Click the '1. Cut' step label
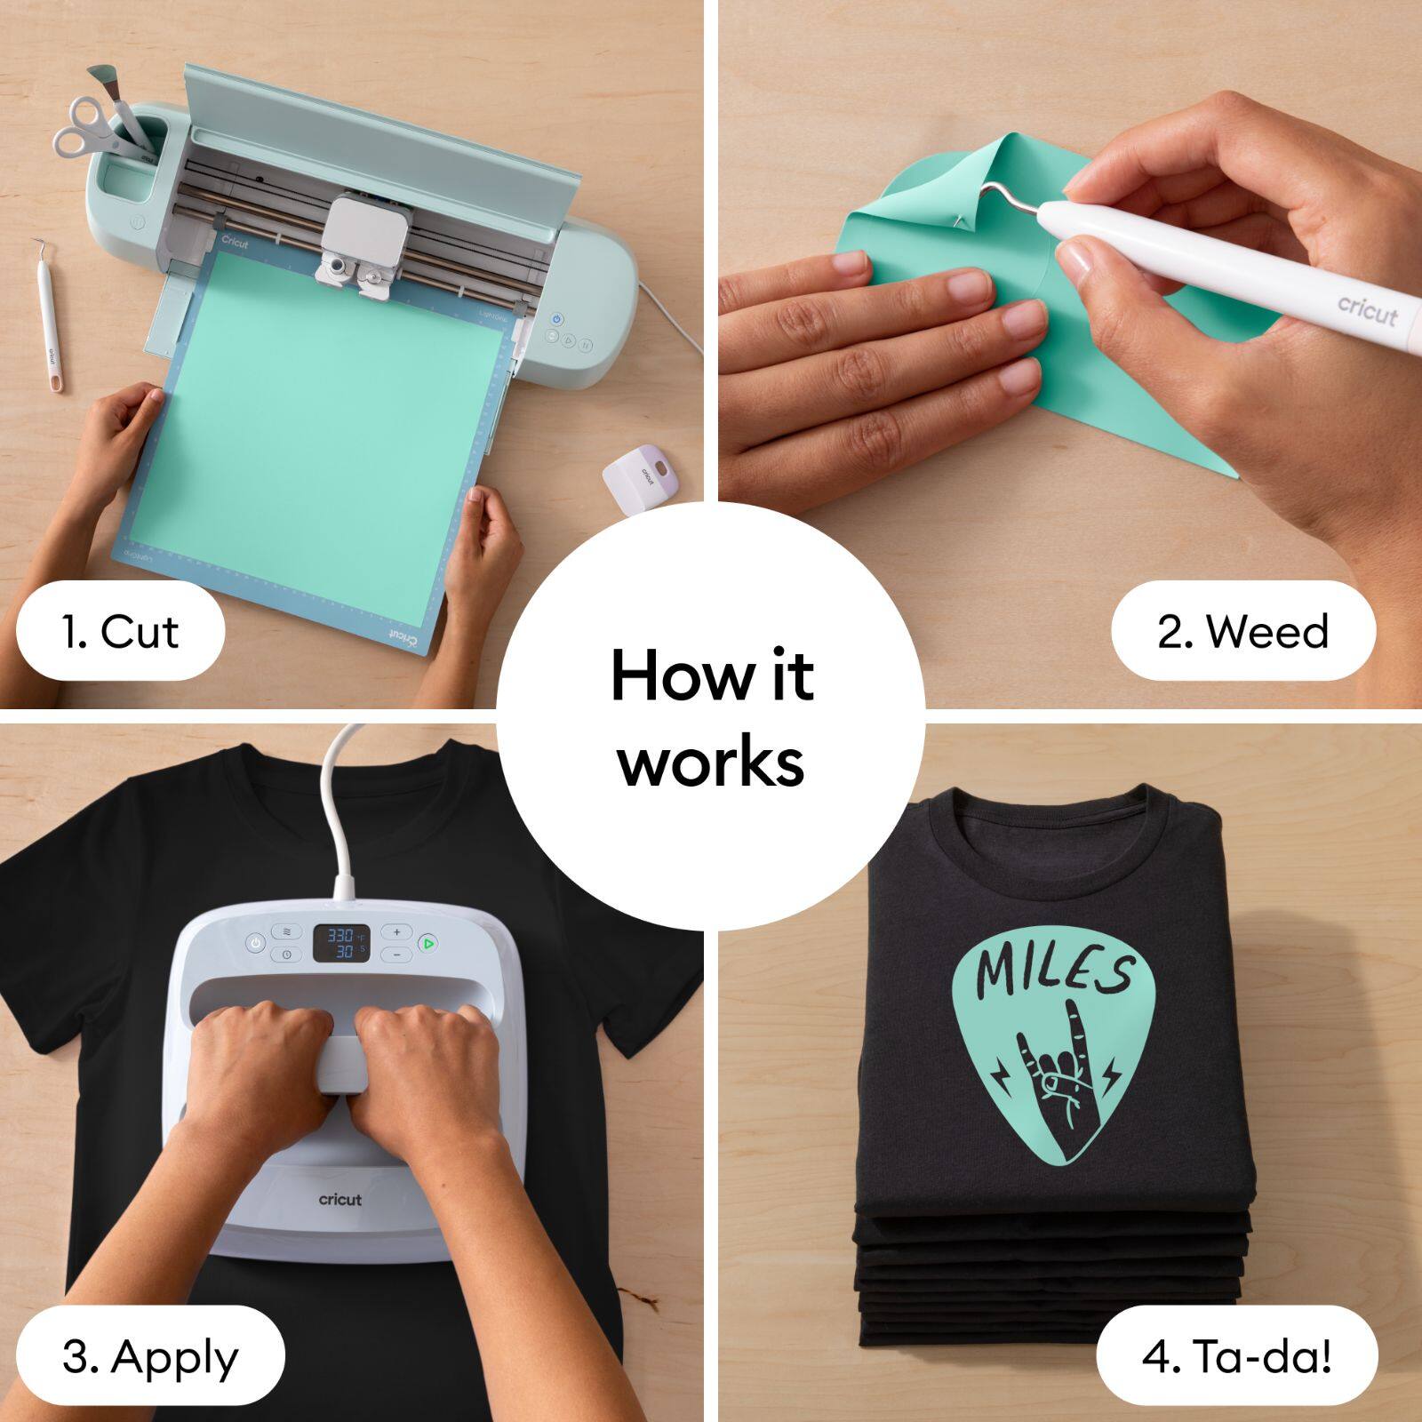(120, 632)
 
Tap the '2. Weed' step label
(1242, 632)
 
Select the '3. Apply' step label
(150, 1357)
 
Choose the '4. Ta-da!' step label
(1236, 1357)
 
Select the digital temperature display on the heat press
(341, 943)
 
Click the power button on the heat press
(256, 943)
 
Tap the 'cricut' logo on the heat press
(340, 1200)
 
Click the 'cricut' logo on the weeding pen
(1368, 310)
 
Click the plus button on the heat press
(396, 932)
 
